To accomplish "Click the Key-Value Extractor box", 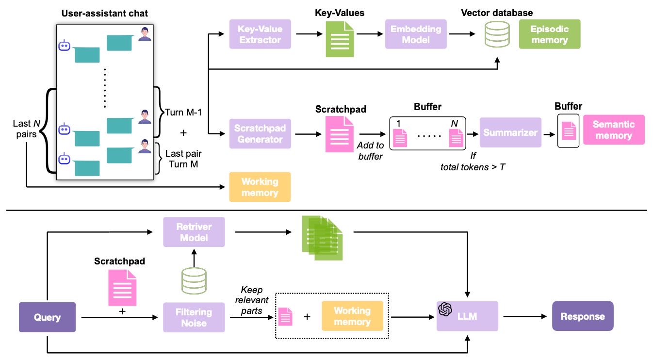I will (x=260, y=34).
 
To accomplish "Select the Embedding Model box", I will (x=416, y=34).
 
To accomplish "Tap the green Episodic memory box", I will (x=549, y=34).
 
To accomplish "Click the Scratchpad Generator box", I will (x=260, y=133).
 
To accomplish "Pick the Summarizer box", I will (x=510, y=132).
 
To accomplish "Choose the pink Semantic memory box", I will (x=614, y=130).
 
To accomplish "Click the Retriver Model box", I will (x=194, y=232).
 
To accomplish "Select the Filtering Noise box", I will (x=194, y=317).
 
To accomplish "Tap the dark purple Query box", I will (x=48, y=317).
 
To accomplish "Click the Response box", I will (x=582, y=316).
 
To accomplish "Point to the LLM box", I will (x=467, y=316).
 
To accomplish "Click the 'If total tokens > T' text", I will (x=473, y=162).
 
